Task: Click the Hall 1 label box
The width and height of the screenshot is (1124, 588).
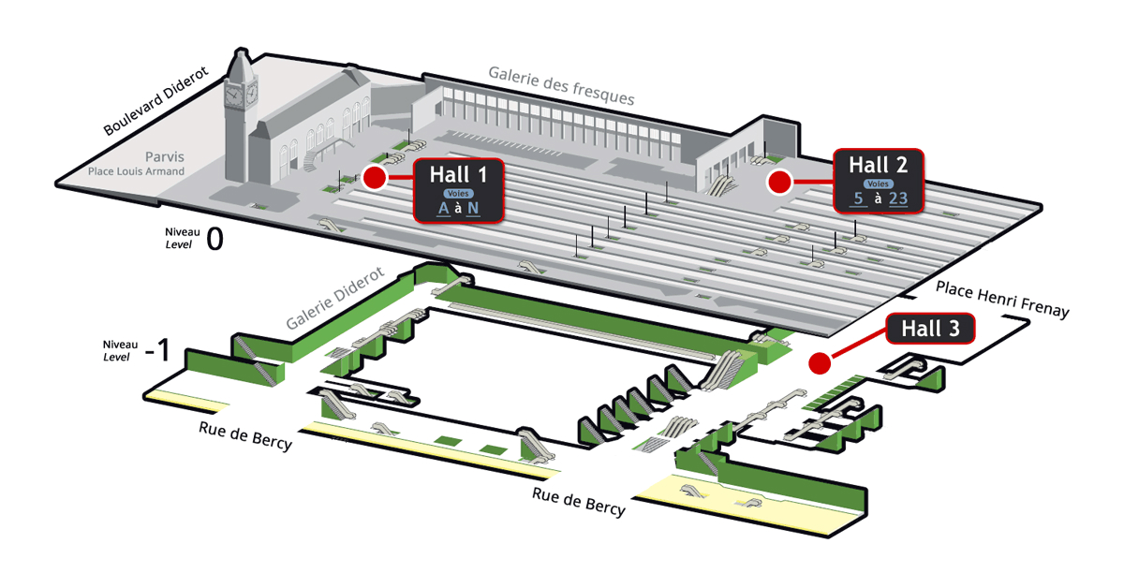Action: click(459, 190)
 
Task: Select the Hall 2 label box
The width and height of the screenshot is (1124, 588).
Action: click(878, 181)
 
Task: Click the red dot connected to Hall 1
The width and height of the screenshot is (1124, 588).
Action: click(375, 178)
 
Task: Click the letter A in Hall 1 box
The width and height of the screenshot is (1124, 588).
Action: click(444, 208)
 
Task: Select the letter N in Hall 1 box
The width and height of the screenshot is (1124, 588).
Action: click(473, 208)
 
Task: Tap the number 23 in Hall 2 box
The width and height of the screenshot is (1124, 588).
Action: click(899, 198)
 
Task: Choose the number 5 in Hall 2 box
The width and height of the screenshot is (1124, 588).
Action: click(858, 198)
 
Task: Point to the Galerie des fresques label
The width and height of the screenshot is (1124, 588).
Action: click(561, 85)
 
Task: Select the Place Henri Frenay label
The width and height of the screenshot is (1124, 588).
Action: click(999, 297)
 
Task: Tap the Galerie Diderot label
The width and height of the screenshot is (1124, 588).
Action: click(335, 300)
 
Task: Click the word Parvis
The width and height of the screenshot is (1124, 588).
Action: click(165, 155)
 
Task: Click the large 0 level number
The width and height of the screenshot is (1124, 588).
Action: click(214, 240)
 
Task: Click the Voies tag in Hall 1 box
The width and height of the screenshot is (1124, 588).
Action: click(459, 193)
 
